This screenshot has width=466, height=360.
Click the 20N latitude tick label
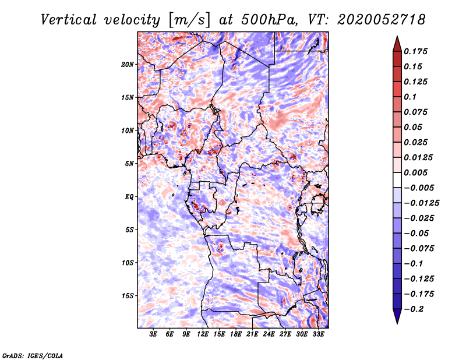(x=128, y=65)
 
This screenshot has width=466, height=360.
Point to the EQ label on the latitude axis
(x=129, y=197)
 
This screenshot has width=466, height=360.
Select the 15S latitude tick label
(x=128, y=296)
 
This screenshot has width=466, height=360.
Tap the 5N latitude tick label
(x=129, y=164)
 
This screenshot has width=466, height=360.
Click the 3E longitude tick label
(x=153, y=334)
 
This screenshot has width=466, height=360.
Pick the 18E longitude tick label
(x=236, y=334)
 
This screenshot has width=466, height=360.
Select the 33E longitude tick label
(x=318, y=334)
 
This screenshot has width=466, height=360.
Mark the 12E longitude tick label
(x=203, y=334)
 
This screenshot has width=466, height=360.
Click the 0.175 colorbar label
(x=415, y=51)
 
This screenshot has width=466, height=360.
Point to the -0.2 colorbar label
(x=414, y=309)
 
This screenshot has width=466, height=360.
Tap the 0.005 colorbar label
(x=415, y=172)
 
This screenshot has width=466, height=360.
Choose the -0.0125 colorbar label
(x=421, y=203)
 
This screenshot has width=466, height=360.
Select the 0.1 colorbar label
(x=410, y=97)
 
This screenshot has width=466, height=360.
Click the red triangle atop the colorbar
(x=397, y=44)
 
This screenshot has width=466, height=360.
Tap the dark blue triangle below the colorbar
(x=397, y=316)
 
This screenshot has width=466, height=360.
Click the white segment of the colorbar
(x=397, y=180)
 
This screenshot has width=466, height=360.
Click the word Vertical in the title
(x=69, y=20)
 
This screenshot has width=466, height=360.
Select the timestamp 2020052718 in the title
(x=382, y=20)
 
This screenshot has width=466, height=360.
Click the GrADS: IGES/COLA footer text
(x=33, y=356)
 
